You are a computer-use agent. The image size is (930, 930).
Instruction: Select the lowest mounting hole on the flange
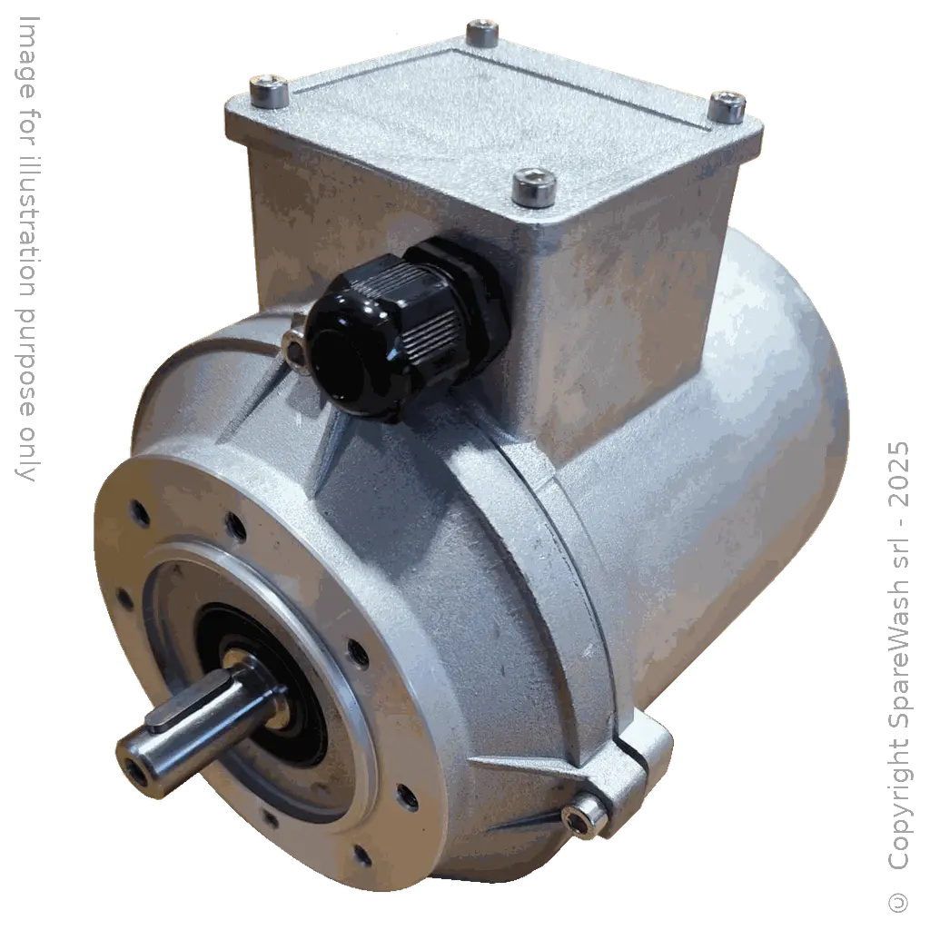pyautogui.click(x=362, y=854)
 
